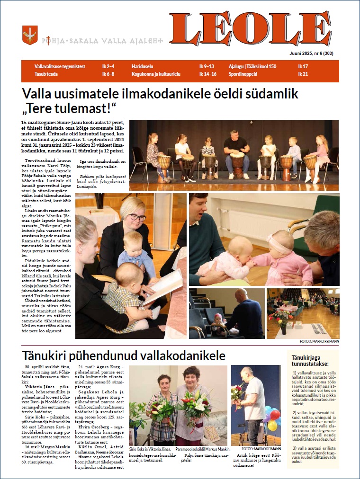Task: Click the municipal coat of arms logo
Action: pyautogui.click(x=30, y=36)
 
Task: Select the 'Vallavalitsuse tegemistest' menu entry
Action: pyautogui.click(x=60, y=67)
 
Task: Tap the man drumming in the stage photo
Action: pyautogui.click(x=236, y=151)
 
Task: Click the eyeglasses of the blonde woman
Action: pyautogui.click(x=136, y=217)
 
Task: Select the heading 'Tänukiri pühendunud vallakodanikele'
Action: pyautogui.click(x=123, y=355)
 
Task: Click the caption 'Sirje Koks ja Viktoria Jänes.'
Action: pyautogui.click(x=150, y=449)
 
